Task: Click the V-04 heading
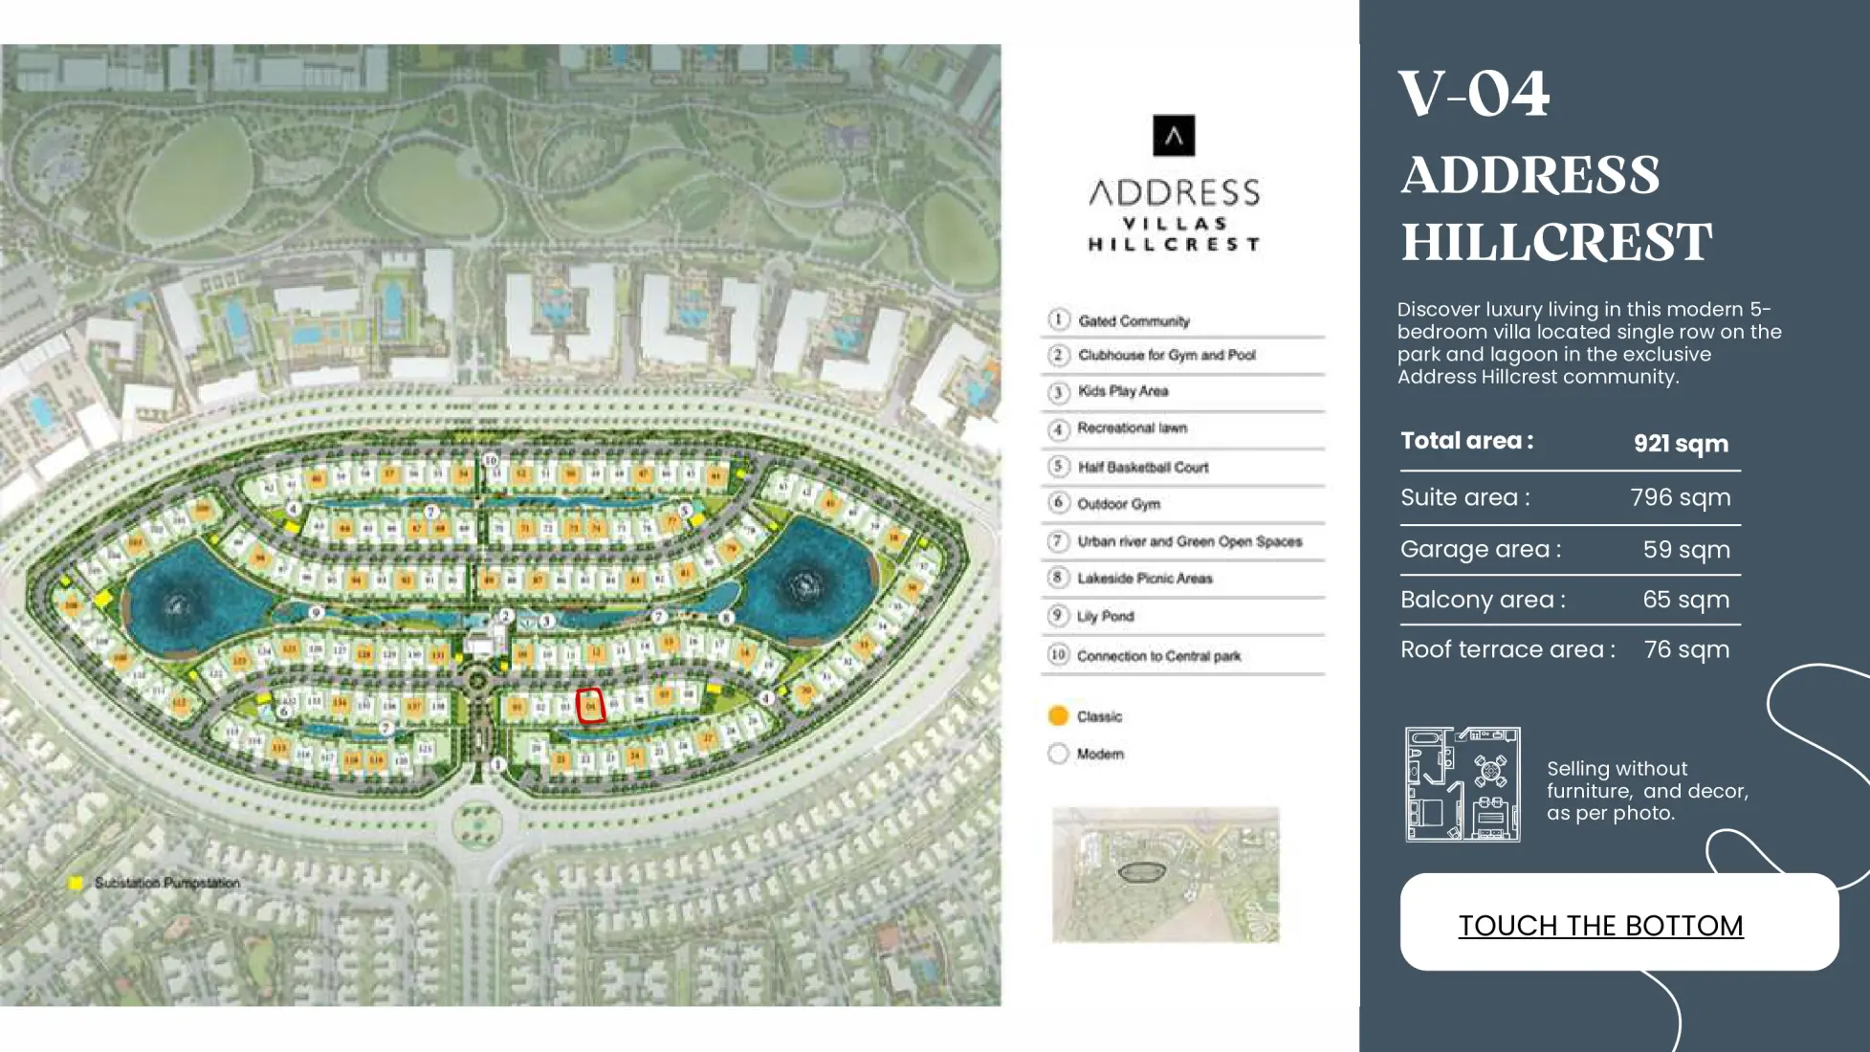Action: pyautogui.click(x=1473, y=94)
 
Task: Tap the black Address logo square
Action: pyautogui.click(x=1174, y=136)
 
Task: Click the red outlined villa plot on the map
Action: pyautogui.click(x=590, y=706)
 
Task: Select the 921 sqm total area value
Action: pyautogui.click(x=1681, y=444)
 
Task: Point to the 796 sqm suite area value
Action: pyautogui.click(x=1681, y=497)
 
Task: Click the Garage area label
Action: pyautogui.click(x=1480, y=549)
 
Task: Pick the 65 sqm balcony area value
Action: pyautogui.click(x=1685, y=600)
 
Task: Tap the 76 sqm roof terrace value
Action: pyautogui.click(x=1686, y=649)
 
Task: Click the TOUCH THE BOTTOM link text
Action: pyautogui.click(x=1600, y=925)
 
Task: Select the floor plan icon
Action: pyautogui.click(x=1463, y=784)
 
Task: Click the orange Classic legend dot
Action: pyautogui.click(x=1058, y=716)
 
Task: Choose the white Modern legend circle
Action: pyautogui.click(x=1058, y=754)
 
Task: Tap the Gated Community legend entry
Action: pyautogui.click(x=1133, y=320)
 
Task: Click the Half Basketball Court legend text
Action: pyautogui.click(x=1143, y=467)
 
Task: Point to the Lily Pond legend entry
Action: pyautogui.click(x=1105, y=617)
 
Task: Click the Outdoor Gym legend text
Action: pyautogui.click(x=1118, y=504)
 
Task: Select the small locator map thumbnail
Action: pyautogui.click(x=1165, y=874)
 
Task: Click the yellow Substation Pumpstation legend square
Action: pyautogui.click(x=76, y=883)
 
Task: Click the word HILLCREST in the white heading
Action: pyautogui.click(x=1556, y=242)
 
